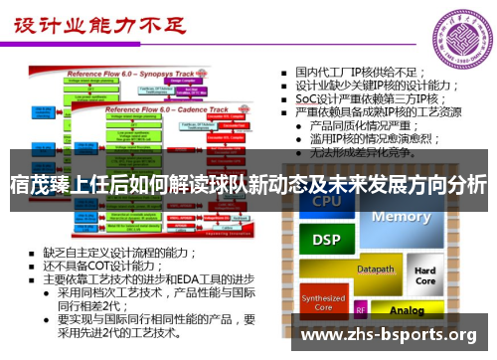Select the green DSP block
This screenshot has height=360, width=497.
[327, 240]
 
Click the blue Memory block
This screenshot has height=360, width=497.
[402, 217]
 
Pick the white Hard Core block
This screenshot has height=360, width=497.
[424, 275]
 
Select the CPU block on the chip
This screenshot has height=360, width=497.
[327, 202]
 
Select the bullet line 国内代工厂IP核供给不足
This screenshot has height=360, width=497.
[360, 72]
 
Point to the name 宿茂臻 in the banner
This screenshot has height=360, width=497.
[39, 184]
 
